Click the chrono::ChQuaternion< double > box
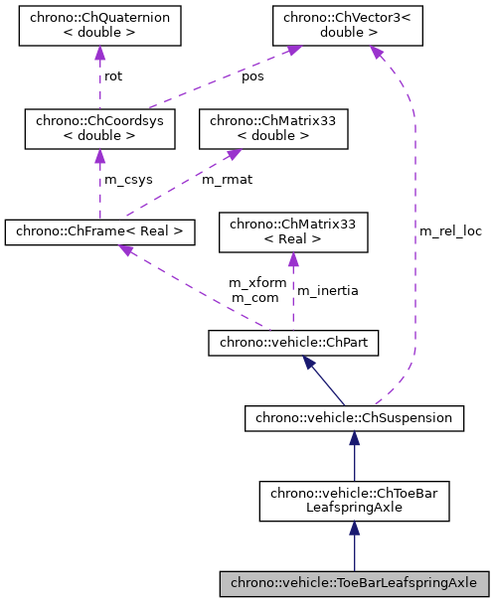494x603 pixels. pyautogui.click(x=99, y=26)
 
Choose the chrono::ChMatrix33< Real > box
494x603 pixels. pyautogui.click(x=292, y=232)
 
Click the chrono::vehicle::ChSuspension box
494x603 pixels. pyautogui.click(x=354, y=418)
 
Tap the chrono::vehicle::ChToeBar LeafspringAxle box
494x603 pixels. pyautogui.click(x=354, y=501)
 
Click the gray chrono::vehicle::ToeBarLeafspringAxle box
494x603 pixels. pyautogui.click(x=354, y=582)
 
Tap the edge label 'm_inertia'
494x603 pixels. pyautogui.click(x=328, y=290)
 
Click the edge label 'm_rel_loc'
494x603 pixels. pyautogui.click(x=450, y=230)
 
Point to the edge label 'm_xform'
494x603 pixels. pyautogui.click(x=257, y=283)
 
